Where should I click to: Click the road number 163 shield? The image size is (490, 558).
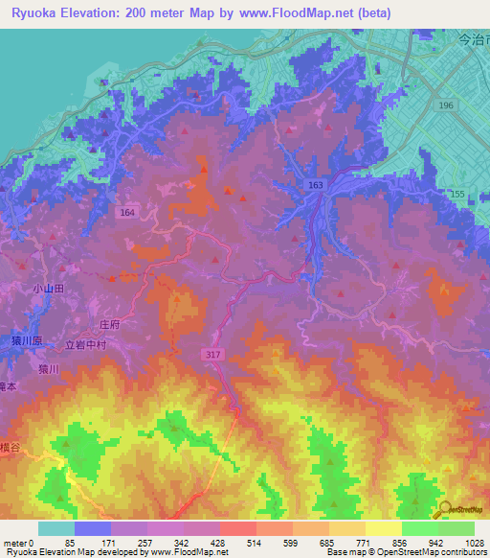coord(316,183)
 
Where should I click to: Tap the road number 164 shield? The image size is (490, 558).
coord(127,213)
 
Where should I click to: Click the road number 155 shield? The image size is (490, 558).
coord(458,195)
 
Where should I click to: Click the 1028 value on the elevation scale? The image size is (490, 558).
coord(474,543)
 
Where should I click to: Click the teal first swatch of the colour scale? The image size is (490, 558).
coord(56,528)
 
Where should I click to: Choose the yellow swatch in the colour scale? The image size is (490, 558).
coord(384,528)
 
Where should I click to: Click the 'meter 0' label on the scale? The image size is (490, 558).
coord(18,543)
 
